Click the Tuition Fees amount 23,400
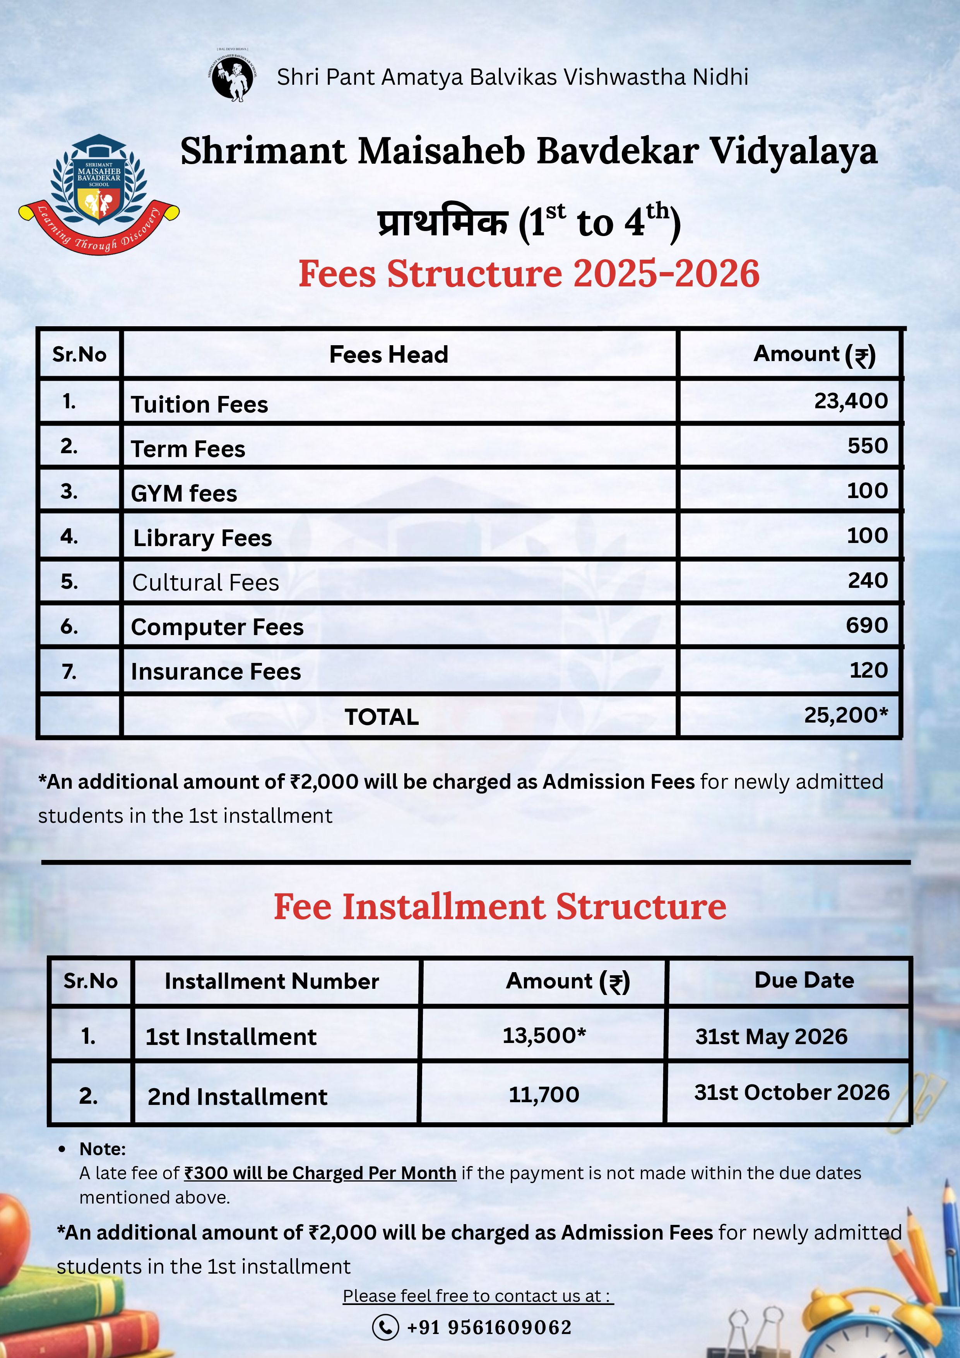[x=850, y=401]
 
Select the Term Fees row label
[x=188, y=449]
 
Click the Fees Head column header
[x=388, y=354]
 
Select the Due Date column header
[x=804, y=980]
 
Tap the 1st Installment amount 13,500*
[x=544, y=1035]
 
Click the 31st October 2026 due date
[x=791, y=1092]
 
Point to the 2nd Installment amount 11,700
[x=544, y=1095]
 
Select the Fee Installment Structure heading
[x=500, y=907]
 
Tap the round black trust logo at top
[x=233, y=79]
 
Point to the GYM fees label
[x=183, y=493]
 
